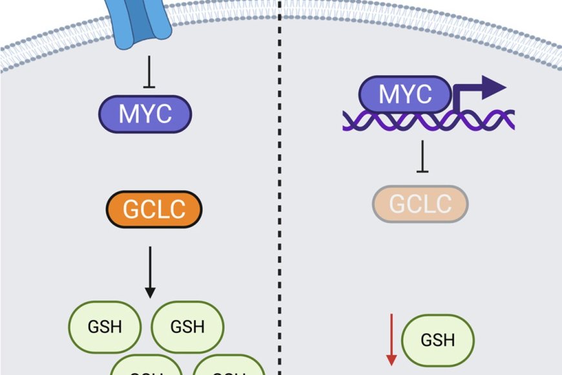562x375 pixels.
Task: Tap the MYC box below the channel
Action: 145,114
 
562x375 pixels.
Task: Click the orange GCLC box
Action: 154,209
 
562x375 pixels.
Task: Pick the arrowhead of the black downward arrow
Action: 149,292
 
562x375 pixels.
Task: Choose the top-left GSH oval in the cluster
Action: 104,326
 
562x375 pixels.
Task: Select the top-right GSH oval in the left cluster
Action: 187,326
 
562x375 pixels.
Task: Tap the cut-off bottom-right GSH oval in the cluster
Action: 229,367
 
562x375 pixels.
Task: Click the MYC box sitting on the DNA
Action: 405,96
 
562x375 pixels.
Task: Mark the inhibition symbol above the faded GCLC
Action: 422,158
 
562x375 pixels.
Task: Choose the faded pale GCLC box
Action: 420,204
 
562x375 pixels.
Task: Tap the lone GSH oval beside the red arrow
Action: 438,340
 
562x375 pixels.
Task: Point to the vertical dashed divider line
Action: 280,194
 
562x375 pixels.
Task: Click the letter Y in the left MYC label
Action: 145,114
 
